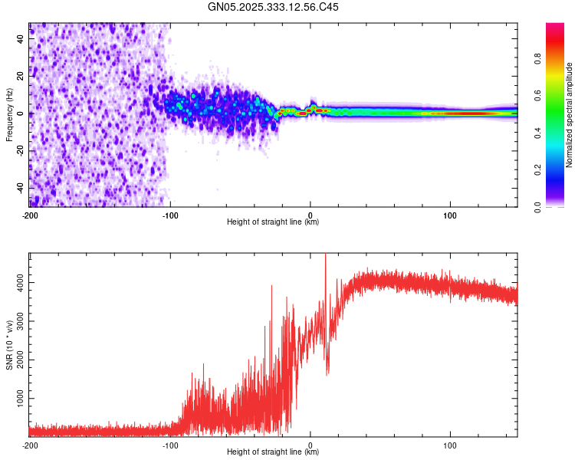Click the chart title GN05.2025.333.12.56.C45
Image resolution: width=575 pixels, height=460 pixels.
pyautogui.click(x=274, y=7)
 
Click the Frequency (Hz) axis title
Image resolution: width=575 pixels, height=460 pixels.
pyautogui.click(x=9, y=114)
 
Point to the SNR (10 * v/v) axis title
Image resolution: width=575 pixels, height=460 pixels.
pyautogui.click(x=9, y=344)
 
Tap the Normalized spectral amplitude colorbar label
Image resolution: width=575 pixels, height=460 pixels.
pyautogui.click(x=569, y=114)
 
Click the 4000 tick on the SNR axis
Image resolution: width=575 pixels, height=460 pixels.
pyautogui.click(x=15, y=283)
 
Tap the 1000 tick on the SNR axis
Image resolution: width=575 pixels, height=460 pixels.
pyautogui.click(x=15, y=399)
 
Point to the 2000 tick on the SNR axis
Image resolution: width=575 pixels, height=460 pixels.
pyautogui.click(x=15, y=360)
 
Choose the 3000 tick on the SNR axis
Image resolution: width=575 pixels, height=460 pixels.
pyautogui.click(x=15, y=322)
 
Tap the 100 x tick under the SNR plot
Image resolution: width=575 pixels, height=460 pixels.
pyautogui.click(x=450, y=445)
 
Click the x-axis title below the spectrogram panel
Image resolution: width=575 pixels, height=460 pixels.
pyautogui.click(x=273, y=222)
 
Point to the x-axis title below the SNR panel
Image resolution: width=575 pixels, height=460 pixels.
pyautogui.click(x=273, y=452)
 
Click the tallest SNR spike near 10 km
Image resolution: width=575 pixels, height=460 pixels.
pyautogui.click(x=326, y=255)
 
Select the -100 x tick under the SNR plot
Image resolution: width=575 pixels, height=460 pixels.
pyautogui.click(x=170, y=445)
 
